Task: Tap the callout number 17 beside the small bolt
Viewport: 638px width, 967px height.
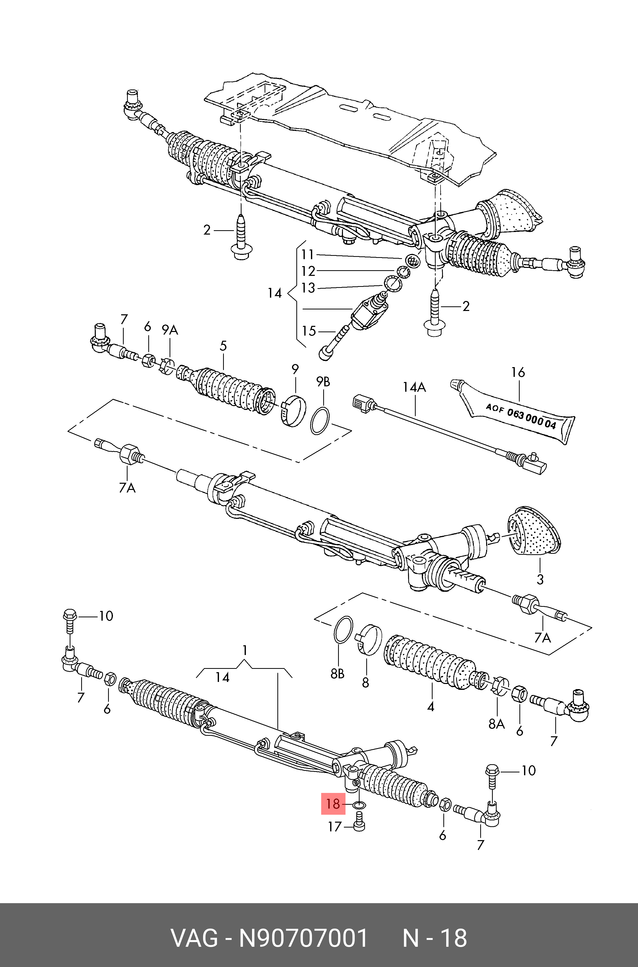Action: (x=334, y=827)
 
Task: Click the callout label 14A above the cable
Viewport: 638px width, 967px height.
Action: (x=414, y=387)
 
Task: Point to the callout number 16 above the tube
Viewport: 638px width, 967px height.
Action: (x=518, y=372)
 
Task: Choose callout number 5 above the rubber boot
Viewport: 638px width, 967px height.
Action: (x=223, y=346)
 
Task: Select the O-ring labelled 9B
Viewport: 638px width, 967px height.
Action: (x=320, y=420)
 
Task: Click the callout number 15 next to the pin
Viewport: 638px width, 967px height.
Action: (x=309, y=331)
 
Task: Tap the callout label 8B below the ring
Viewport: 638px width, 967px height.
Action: (x=337, y=674)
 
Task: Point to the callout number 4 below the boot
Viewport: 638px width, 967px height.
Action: (x=431, y=707)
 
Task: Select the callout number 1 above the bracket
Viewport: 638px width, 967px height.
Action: (x=245, y=651)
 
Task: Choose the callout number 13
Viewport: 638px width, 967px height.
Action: (x=308, y=288)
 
